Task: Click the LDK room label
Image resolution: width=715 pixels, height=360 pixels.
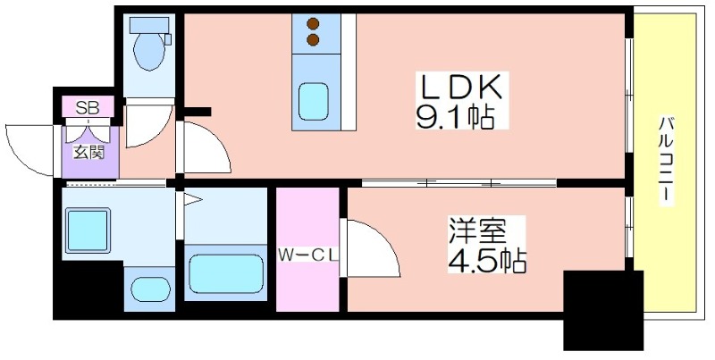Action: pos(461,87)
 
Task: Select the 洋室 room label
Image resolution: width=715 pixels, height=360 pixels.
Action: pos(477,230)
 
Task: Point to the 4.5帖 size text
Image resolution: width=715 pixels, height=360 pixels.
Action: pos(486,261)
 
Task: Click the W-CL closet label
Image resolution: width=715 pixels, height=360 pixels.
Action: pos(307,255)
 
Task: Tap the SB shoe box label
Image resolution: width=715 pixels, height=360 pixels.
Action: pos(88,107)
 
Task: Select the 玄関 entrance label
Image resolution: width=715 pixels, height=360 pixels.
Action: pos(89,152)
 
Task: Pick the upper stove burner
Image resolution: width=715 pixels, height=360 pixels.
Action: pos(313,23)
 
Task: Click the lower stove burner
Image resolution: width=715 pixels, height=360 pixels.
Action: pos(313,40)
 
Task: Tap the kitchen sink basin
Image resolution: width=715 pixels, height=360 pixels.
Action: pos(314,101)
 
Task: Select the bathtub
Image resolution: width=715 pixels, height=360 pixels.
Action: pos(226,273)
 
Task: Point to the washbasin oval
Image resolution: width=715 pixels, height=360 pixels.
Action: pos(150,288)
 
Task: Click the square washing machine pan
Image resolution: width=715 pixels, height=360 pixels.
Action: pos(88,230)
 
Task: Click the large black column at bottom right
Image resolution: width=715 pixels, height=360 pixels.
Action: pos(603,310)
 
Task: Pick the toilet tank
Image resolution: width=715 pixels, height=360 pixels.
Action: pos(148,25)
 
